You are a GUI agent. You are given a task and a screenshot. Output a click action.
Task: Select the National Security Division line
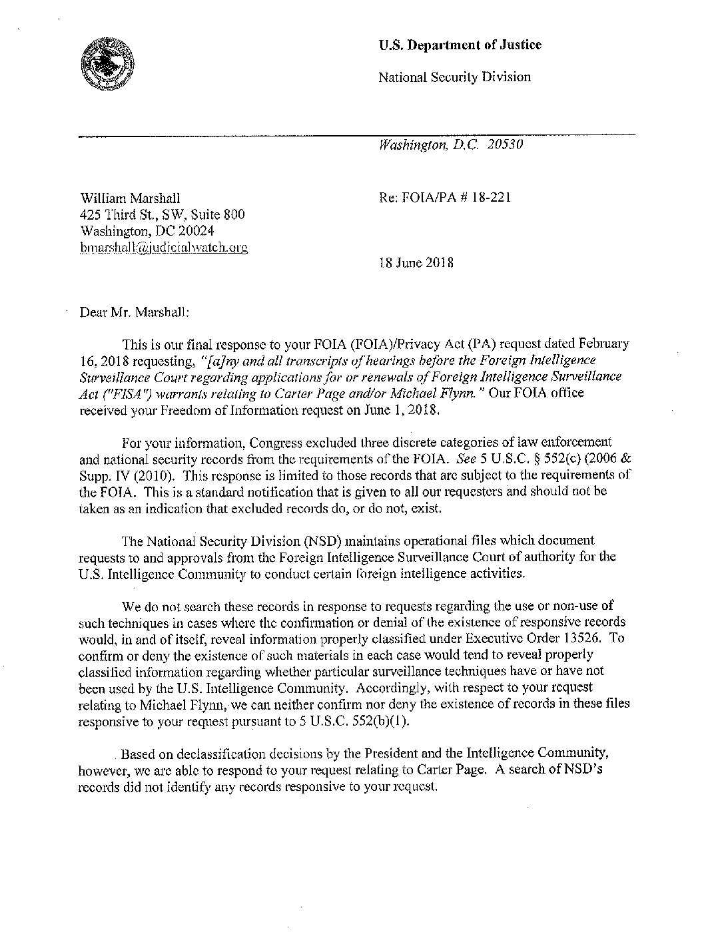454,77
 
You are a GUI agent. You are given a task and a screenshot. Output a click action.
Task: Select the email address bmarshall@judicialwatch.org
163,248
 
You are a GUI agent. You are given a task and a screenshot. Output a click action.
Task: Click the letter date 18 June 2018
416,262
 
